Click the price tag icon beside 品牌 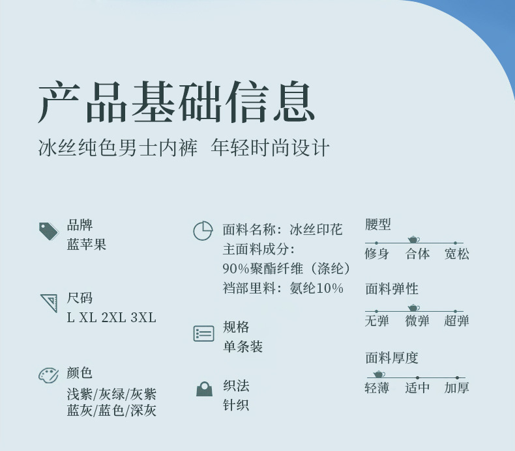(49, 231)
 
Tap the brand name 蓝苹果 (87, 245)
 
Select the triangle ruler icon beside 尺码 (49, 303)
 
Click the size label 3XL (143, 318)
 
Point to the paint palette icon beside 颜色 (48, 376)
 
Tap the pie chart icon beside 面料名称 (203, 231)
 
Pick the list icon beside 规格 (203, 334)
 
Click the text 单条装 (243, 347)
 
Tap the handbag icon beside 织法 (204, 389)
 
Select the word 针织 (236, 405)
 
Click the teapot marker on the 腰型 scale (413, 239)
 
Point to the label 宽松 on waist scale (456, 254)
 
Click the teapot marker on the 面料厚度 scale (379, 374)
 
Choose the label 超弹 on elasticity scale (456, 320)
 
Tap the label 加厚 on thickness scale (456, 388)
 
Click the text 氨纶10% (316, 288)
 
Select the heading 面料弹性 (392, 289)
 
